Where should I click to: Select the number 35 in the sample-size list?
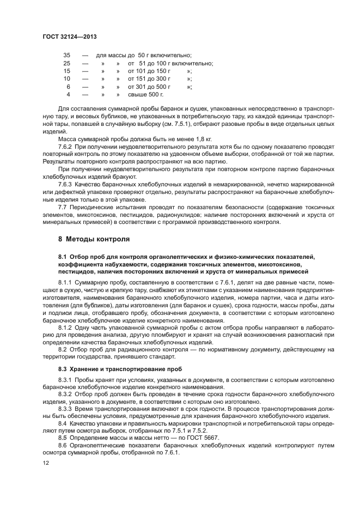click(67, 55)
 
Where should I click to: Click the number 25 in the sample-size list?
click(67, 63)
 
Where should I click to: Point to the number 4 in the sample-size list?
click(69, 94)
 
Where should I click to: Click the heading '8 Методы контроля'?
click(94, 239)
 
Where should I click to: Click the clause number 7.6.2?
click(65, 147)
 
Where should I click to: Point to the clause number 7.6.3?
click(65, 185)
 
